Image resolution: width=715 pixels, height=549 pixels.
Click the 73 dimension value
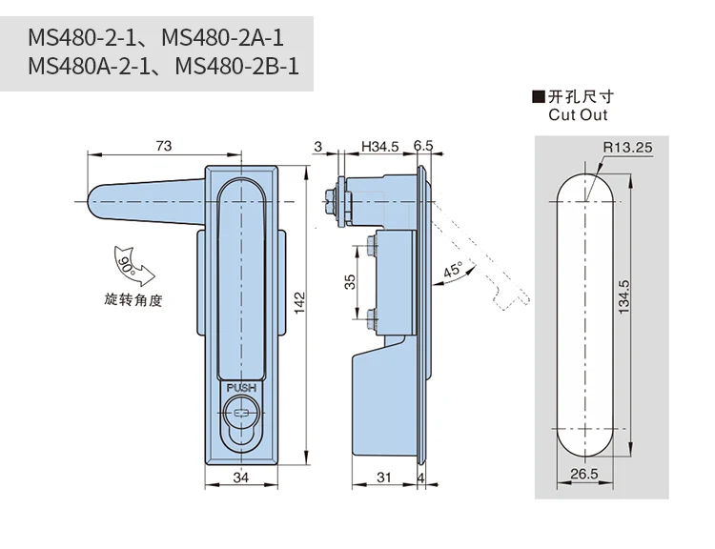(x=163, y=146)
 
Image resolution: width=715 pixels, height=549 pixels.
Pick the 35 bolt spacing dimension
(x=350, y=281)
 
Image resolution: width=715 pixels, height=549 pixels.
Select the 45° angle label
(x=451, y=271)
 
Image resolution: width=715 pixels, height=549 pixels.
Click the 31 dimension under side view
(x=383, y=478)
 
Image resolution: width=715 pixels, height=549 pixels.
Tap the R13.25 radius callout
(x=625, y=147)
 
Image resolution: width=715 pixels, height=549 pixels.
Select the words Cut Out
(x=578, y=114)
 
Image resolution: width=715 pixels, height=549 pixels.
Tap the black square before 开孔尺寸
(x=540, y=96)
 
